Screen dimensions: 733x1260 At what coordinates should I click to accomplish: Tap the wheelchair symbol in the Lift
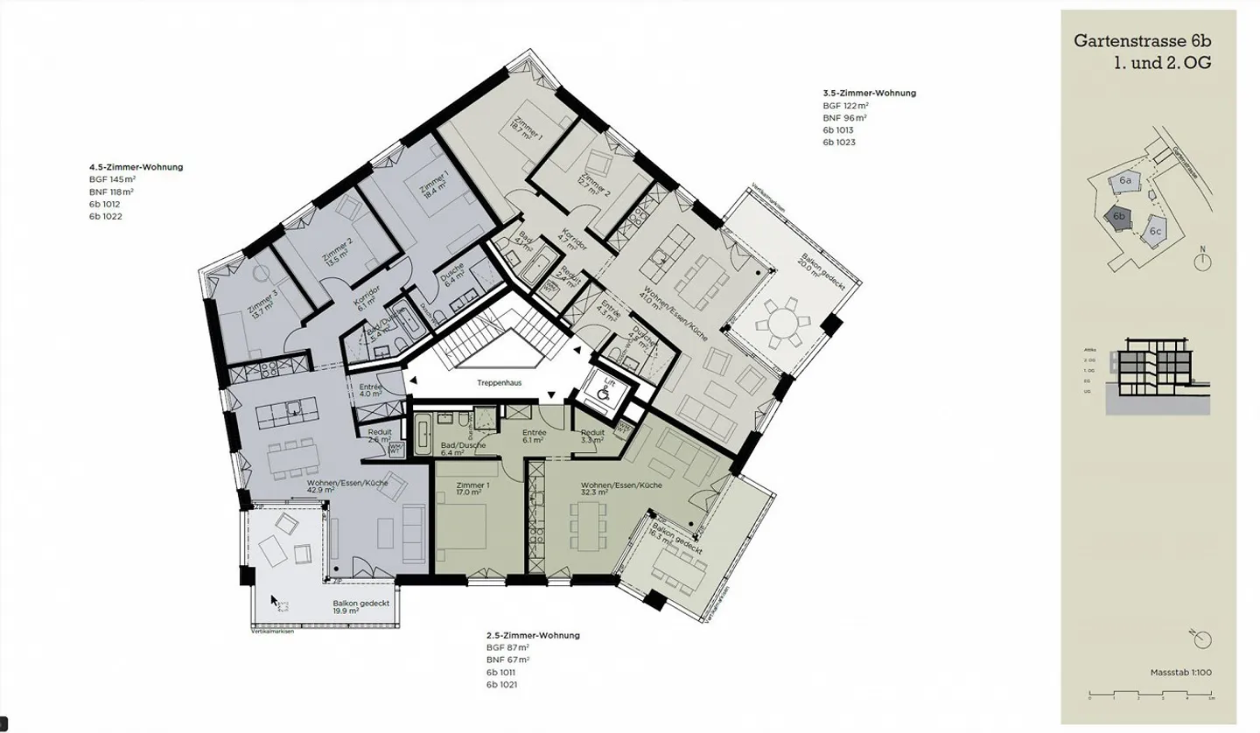click(x=604, y=394)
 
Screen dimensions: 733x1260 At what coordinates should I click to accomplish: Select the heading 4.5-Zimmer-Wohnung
click(x=136, y=166)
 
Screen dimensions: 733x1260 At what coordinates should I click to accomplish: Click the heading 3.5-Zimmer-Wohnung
click(x=869, y=93)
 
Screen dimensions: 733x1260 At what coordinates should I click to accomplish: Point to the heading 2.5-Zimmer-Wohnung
click(x=533, y=635)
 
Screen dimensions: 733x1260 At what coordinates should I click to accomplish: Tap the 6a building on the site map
click(x=1125, y=180)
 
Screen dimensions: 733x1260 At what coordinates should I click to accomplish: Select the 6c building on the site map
click(x=1155, y=231)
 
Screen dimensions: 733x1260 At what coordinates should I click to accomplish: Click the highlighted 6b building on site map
click(x=1118, y=217)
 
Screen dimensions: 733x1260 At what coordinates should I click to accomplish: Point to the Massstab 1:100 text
click(x=1180, y=673)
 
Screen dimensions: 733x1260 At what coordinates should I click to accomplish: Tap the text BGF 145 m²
click(x=112, y=178)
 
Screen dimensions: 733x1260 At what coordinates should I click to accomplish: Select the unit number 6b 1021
click(x=502, y=685)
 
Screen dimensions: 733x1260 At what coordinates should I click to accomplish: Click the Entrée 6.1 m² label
click(x=535, y=436)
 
